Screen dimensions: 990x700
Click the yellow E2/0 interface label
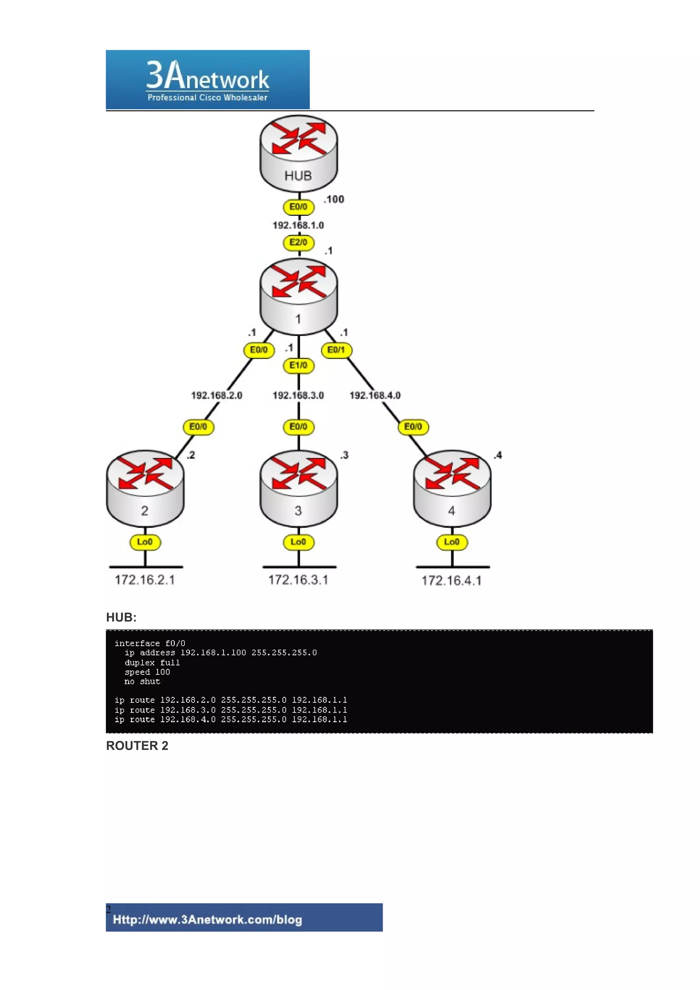click(x=298, y=242)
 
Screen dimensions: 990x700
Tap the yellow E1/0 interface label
click(x=298, y=366)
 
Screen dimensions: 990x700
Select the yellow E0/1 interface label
click(x=336, y=350)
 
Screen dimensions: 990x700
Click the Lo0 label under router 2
click(x=145, y=542)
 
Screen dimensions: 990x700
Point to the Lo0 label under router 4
click(x=452, y=542)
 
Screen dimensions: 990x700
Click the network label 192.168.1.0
click(x=298, y=225)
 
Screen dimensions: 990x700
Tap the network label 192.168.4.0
click(x=375, y=395)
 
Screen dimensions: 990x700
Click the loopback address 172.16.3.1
click(x=298, y=580)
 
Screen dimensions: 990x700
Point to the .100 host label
click(x=334, y=199)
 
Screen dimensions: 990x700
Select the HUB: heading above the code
click(x=121, y=617)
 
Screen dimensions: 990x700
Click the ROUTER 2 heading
click(x=137, y=746)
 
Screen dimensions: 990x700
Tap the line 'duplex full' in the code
click(x=152, y=663)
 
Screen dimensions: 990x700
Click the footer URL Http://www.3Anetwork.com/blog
click(x=207, y=920)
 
